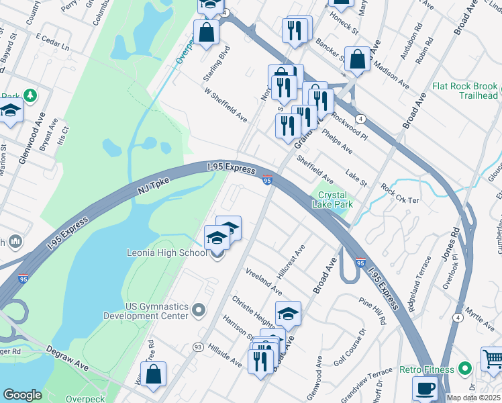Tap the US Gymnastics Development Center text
click(x=145, y=310)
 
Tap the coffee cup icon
click(x=425, y=389)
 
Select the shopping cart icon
click(x=493, y=359)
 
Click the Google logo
click(x=22, y=395)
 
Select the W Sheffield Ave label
click(x=226, y=107)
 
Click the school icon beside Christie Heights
click(x=288, y=314)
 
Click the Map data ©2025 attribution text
click(x=473, y=398)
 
